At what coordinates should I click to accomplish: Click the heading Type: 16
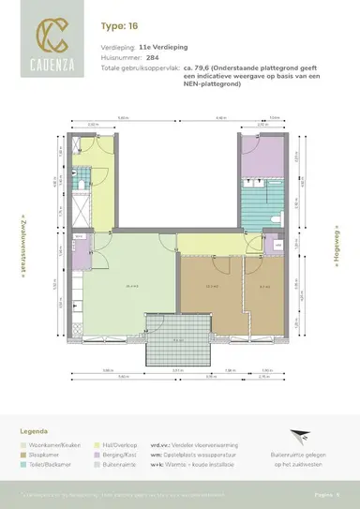tap(116, 29)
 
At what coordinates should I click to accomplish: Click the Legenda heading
tap(35, 432)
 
